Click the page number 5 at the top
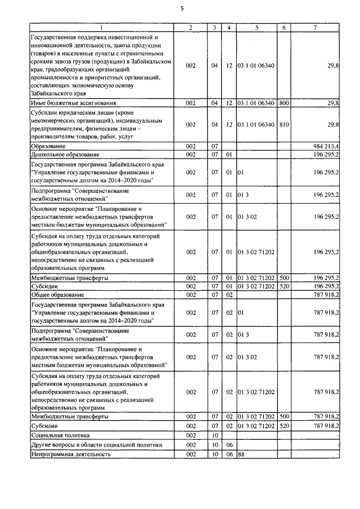pyautogui.click(x=182, y=8)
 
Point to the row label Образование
pyautogui.click(x=49, y=146)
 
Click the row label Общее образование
pyautogui.click(x=57, y=294)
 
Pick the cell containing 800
pyautogui.click(x=284, y=103)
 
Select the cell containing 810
pyautogui.click(x=284, y=124)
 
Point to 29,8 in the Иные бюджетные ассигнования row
pyautogui.click(x=332, y=103)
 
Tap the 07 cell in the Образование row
pyautogui.click(x=214, y=146)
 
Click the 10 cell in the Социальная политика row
pyautogui.click(x=214, y=435)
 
